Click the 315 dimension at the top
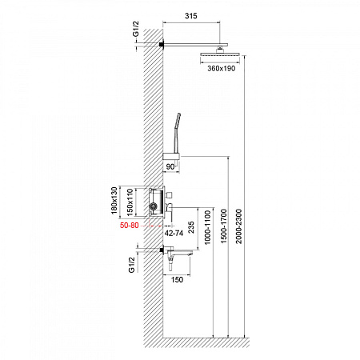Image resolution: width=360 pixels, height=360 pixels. coord(191,16)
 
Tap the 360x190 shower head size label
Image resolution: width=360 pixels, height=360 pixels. coord(222,69)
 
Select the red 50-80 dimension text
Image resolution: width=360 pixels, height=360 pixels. coord(130,226)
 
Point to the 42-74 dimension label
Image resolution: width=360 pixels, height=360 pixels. coord(174,233)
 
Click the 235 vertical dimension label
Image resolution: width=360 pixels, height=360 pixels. coord(191,227)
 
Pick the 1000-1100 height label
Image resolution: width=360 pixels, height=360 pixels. coord(207,227)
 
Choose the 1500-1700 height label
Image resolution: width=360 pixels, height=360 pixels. coord(223,226)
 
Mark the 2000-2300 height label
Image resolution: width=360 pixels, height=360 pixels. coord(238,226)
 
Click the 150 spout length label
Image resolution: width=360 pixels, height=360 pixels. coord(177,280)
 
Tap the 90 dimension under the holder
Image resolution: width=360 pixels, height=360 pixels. coord(170,167)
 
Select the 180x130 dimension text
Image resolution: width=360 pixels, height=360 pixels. coord(114,201)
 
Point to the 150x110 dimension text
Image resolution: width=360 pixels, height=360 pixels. coord(130,202)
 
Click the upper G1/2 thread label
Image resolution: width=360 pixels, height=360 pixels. coord(136,29)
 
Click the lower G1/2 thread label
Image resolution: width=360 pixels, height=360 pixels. coord(132,265)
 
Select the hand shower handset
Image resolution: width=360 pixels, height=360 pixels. coord(177,133)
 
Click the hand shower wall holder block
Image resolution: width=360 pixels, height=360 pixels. coord(171,157)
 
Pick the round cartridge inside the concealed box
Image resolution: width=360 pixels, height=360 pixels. coord(153,206)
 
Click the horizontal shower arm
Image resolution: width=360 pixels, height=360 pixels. coord(195,45)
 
